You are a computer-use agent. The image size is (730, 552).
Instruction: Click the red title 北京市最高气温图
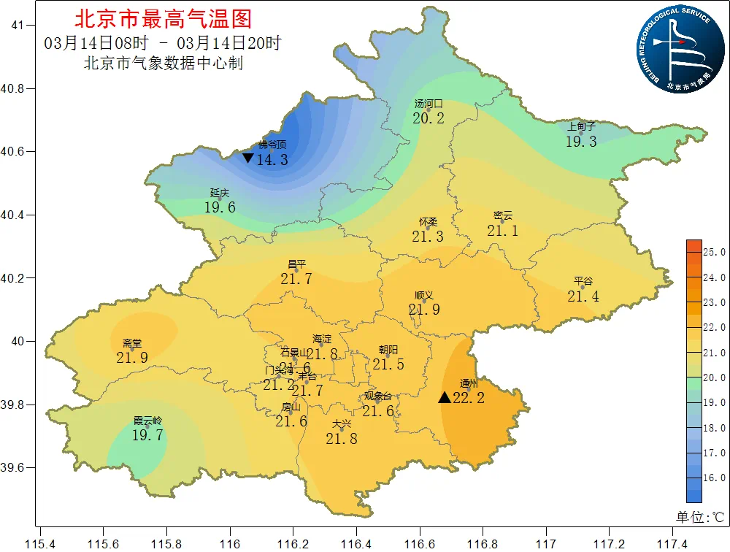tap(163, 18)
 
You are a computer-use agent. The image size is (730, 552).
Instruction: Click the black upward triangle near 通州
tap(445, 398)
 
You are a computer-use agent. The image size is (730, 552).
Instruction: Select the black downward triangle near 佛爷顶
tap(248, 158)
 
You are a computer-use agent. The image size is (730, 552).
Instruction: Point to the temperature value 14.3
tap(273, 159)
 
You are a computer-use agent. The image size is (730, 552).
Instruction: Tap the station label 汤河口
tap(429, 104)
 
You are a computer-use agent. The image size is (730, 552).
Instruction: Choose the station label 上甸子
tap(581, 126)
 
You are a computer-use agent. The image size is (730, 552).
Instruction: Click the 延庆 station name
tap(220, 193)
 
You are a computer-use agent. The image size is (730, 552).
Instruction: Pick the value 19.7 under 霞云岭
tap(147, 435)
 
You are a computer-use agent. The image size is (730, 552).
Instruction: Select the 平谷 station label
tap(583, 281)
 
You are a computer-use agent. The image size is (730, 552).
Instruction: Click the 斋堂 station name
tap(132, 343)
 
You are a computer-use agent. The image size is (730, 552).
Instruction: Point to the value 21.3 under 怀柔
tap(427, 237)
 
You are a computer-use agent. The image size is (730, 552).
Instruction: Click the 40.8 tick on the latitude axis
tap(14, 88)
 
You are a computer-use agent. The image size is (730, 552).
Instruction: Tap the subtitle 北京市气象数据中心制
tap(164, 64)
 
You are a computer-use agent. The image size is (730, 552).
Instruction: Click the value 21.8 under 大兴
tap(342, 439)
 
